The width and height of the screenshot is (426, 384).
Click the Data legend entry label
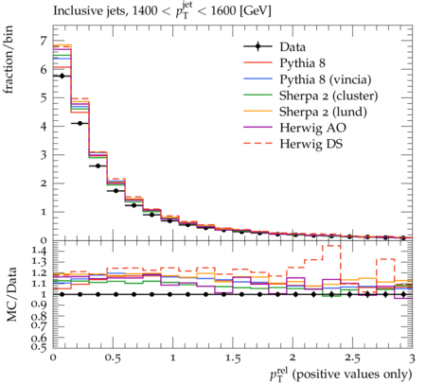[293, 47]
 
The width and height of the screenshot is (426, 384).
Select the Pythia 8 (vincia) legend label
[326, 79]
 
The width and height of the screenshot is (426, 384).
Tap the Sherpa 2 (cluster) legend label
[328, 96]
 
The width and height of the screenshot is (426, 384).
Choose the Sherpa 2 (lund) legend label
[323, 112]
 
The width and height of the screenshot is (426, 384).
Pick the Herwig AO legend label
[312, 128]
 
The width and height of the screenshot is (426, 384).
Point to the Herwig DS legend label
[311, 145]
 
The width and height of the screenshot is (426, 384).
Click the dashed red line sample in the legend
[257, 143]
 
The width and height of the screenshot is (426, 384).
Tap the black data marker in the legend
[257, 46]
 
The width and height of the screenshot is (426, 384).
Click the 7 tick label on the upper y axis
[44, 42]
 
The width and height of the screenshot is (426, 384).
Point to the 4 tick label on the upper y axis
[44, 127]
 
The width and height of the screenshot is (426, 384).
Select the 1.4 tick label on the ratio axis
[39, 251]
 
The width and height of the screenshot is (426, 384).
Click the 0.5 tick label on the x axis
[113, 358]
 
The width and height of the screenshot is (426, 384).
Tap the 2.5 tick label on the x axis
[352, 358]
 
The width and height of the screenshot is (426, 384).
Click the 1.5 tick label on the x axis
[233, 358]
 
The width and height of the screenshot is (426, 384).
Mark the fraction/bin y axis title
[9, 60]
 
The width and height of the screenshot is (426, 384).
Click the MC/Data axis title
[11, 294]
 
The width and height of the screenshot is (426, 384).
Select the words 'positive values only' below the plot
[352, 375]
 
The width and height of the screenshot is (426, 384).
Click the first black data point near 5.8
[62, 76]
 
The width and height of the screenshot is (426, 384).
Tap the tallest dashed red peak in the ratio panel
[331, 246]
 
